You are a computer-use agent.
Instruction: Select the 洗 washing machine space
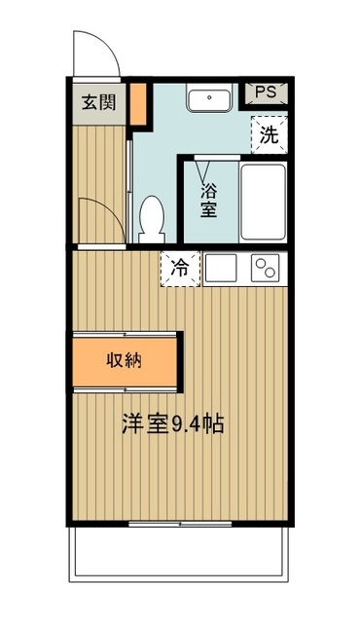(270, 134)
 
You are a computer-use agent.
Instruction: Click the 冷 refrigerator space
(181, 267)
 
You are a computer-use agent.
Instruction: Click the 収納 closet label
(125, 360)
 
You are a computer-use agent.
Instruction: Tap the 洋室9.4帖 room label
(173, 424)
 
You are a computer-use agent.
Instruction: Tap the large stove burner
(261, 264)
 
